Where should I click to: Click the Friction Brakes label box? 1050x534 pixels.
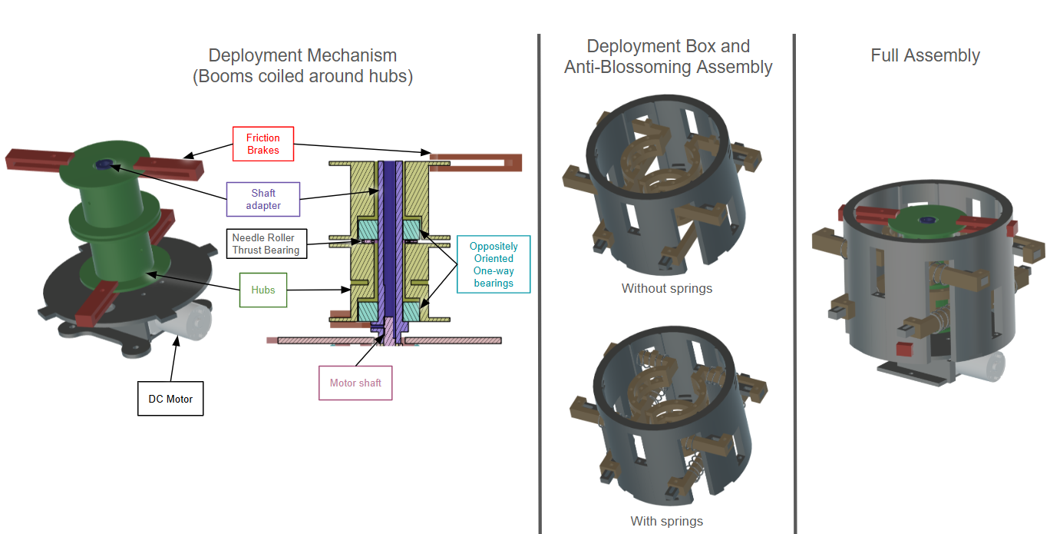click(262, 144)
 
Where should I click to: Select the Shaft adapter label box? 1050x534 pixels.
click(263, 199)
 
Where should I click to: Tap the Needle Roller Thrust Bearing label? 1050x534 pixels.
click(266, 244)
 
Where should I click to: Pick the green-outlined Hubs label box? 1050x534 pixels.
click(262, 290)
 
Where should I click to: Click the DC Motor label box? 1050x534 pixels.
click(170, 399)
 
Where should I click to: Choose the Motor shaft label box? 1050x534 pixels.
click(355, 383)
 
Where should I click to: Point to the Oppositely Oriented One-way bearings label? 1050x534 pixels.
click(493, 264)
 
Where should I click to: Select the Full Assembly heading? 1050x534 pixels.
click(925, 55)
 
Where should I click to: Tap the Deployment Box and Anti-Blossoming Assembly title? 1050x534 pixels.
click(668, 57)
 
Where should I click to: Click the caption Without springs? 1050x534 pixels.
click(666, 289)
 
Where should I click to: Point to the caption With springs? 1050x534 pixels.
click(666, 521)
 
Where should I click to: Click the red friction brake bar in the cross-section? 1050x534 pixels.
click(476, 161)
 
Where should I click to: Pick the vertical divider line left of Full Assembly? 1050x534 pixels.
click(794, 284)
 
